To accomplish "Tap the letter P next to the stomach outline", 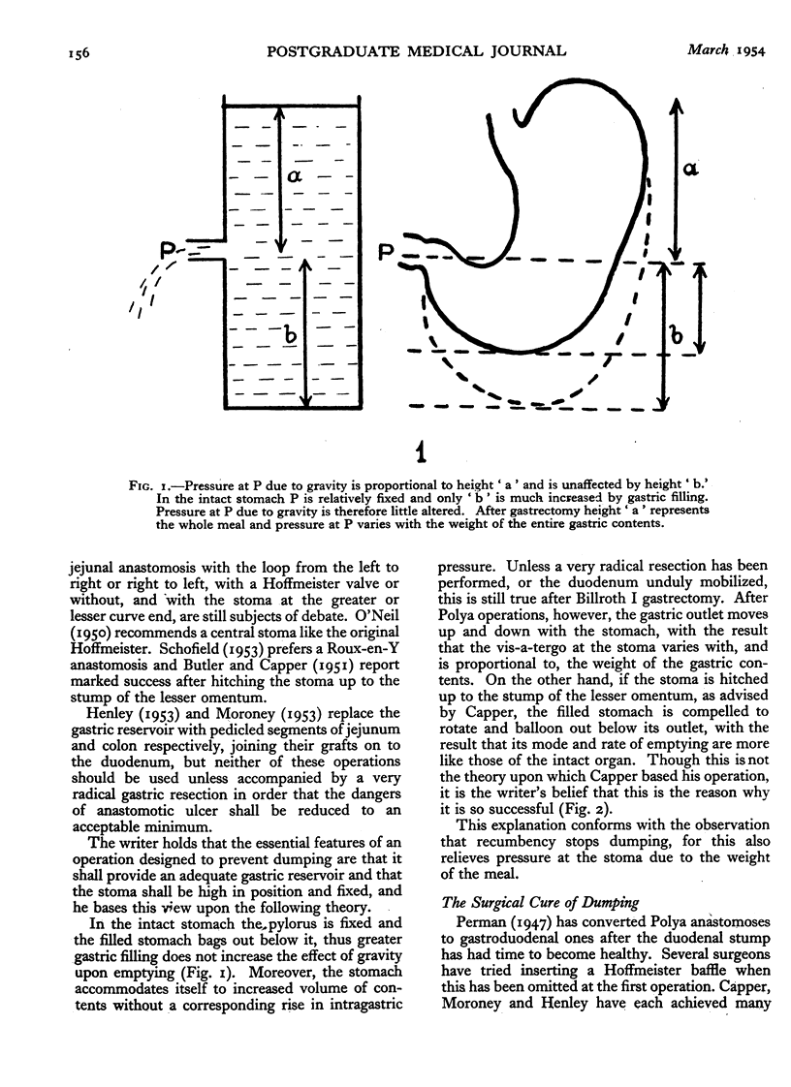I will [386, 254].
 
